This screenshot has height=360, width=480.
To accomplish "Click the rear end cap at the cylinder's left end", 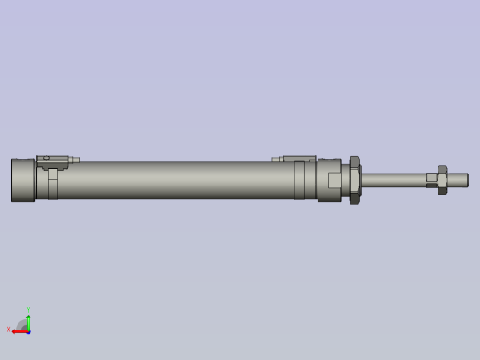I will pyautogui.click(x=23, y=180).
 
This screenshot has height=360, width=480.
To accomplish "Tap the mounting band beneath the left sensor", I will pyautogui.click(x=53, y=184).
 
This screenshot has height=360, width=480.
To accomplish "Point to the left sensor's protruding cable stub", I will pyautogui.click(x=75, y=160).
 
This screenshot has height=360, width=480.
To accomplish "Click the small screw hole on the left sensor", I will pyautogui.click(x=46, y=158).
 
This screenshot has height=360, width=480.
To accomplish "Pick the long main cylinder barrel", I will pyautogui.click(x=175, y=180).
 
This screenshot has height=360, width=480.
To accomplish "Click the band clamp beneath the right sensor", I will pyautogui.click(x=300, y=181).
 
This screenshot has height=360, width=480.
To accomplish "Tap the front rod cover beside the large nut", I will pyautogui.click(x=330, y=180).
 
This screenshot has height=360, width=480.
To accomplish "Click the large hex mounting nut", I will pyautogui.click(x=354, y=179).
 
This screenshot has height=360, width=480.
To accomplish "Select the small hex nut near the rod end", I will pyautogui.click(x=441, y=179).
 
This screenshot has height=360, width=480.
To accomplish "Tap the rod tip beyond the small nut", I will pyautogui.click(x=459, y=179).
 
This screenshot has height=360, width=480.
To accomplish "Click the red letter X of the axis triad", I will pyautogui.click(x=9, y=329).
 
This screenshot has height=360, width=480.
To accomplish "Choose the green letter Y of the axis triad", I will pyautogui.click(x=28, y=310).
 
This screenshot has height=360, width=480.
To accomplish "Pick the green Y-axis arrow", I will pyautogui.click(x=29, y=321).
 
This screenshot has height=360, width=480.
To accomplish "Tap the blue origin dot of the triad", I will pyautogui.click(x=29, y=330).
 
